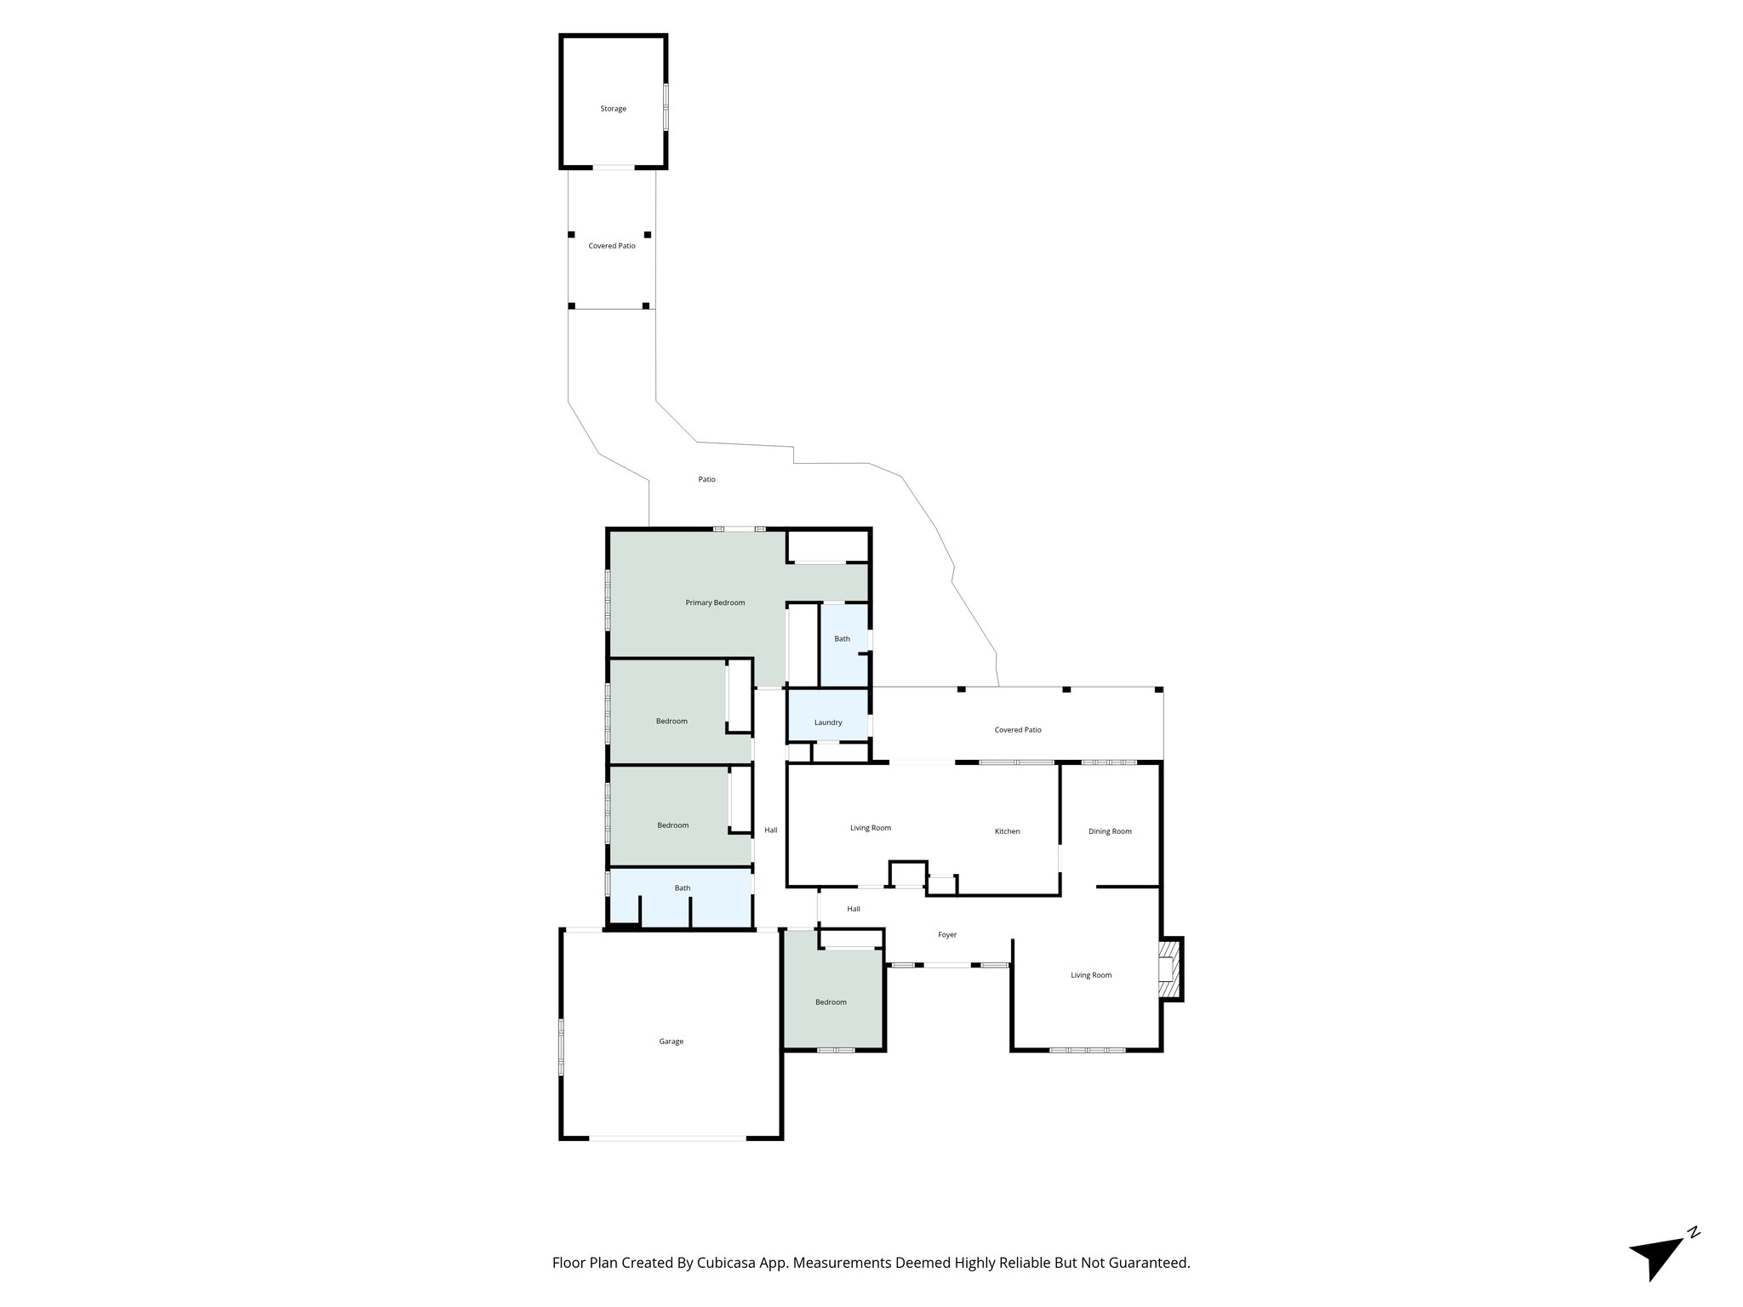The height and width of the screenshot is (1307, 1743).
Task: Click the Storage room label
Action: click(x=613, y=109)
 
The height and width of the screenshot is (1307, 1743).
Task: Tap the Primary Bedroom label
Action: click(x=715, y=602)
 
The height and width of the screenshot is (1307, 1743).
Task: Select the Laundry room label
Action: click(x=827, y=722)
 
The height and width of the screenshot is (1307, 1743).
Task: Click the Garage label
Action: click(x=671, y=1042)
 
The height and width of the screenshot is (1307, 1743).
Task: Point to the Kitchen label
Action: click(x=1007, y=831)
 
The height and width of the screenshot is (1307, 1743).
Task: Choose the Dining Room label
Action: click(x=1110, y=831)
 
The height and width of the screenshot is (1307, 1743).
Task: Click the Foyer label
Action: click(x=947, y=934)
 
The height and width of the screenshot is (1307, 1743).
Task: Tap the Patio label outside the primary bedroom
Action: click(x=706, y=479)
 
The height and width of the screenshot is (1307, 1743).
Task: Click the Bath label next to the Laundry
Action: click(x=842, y=639)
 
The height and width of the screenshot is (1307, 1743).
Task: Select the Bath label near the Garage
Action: click(x=683, y=888)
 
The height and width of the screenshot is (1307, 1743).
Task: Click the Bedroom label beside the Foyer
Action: click(x=831, y=1002)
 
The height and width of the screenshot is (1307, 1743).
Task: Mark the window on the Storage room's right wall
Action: click(x=666, y=106)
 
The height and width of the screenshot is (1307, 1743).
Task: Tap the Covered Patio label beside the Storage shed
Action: click(x=612, y=246)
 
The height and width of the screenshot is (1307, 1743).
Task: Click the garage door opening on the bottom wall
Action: click(x=669, y=1138)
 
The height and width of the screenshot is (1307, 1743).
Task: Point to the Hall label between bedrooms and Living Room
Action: click(x=770, y=830)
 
